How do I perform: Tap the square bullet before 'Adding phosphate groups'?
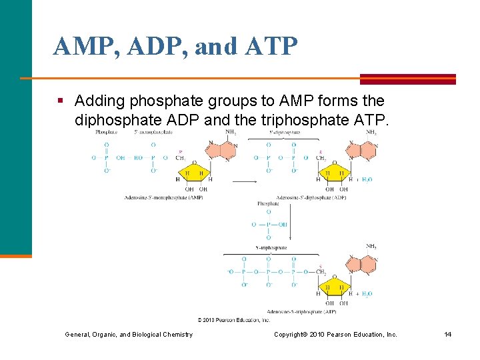(60, 101)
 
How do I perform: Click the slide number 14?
(448, 334)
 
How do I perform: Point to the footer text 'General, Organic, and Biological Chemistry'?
(129, 334)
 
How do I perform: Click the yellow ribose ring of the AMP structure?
(194, 171)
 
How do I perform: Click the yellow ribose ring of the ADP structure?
(333, 171)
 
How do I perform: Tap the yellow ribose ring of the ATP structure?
(333, 285)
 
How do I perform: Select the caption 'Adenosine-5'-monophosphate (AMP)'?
(163, 198)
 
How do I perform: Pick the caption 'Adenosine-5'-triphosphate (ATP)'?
(301, 311)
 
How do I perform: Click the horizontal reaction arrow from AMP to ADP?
(245, 181)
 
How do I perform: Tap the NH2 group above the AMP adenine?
(231, 131)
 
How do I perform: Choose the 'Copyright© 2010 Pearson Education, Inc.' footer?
(335, 334)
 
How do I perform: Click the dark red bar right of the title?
(408, 79)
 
